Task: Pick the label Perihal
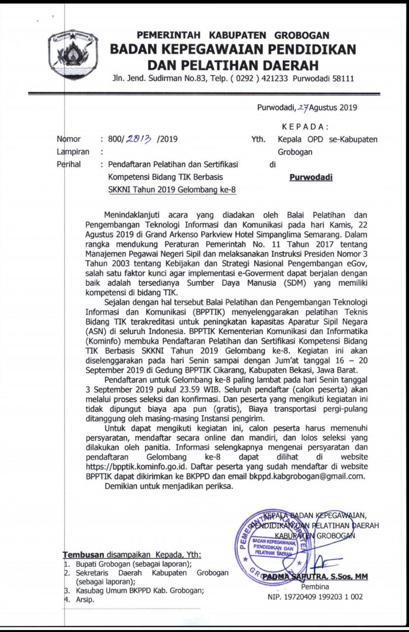pyautogui.click(x=69, y=165)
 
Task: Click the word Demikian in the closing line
pyautogui.click(x=122, y=486)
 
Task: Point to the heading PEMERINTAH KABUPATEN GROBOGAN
pyautogui.click(x=233, y=36)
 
